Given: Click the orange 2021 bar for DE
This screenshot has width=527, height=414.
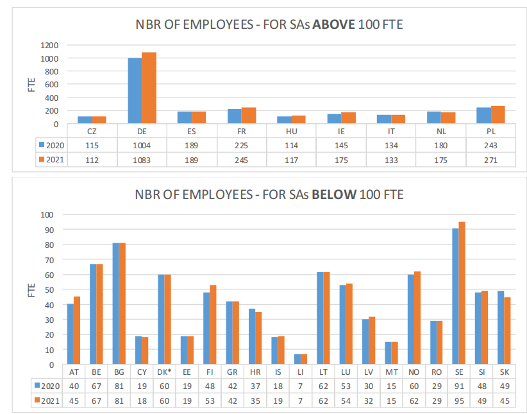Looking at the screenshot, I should point(149,88).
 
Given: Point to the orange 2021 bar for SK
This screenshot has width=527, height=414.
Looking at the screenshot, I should point(507,331).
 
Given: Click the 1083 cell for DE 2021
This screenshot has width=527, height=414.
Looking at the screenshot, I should point(142,159).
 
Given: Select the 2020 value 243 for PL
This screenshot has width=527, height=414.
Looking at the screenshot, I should point(490,145).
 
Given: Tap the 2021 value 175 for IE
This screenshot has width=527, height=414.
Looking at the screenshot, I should point(341,159).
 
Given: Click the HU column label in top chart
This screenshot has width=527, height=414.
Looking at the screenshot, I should point(291,131).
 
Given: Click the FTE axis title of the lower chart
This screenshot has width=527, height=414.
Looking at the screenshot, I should point(31,289).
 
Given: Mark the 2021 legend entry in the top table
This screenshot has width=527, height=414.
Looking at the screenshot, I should point(51,159).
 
